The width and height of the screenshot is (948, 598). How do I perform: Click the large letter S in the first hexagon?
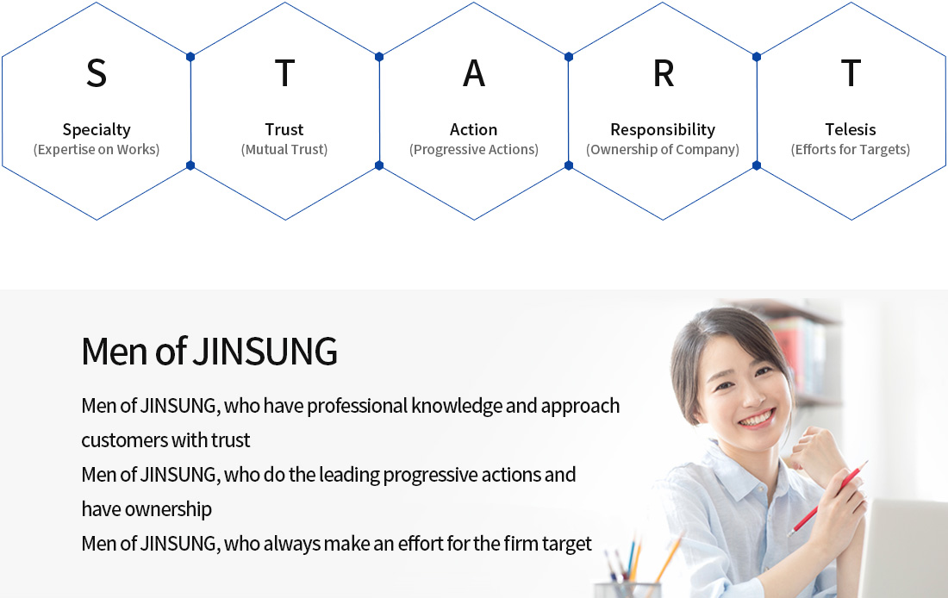(x=97, y=73)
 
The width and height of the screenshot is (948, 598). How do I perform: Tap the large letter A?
(x=474, y=73)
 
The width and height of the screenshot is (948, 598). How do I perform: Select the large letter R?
(x=664, y=73)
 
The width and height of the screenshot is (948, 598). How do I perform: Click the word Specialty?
(x=97, y=129)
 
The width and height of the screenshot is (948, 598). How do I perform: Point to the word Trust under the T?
(x=284, y=129)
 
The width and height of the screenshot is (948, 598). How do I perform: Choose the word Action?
(x=473, y=129)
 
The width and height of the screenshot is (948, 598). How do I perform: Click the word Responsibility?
(x=663, y=129)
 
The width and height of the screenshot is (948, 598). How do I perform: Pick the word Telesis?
(x=851, y=129)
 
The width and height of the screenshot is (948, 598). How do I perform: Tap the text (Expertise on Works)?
(x=97, y=149)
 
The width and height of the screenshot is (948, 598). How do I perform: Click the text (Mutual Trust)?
(x=284, y=149)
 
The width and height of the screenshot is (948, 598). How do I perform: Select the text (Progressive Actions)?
(x=474, y=149)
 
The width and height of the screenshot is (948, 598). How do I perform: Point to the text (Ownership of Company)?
(x=663, y=149)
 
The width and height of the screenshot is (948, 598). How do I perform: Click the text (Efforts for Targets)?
(x=851, y=149)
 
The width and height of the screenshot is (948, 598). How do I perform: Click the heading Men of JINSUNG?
(x=209, y=352)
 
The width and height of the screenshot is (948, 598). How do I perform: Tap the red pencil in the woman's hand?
(x=827, y=499)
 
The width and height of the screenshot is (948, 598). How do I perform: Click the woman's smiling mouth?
(x=757, y=419)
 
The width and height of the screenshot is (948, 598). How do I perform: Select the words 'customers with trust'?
(x=165, y=440)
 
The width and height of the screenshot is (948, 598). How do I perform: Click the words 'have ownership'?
(x=147, y=509)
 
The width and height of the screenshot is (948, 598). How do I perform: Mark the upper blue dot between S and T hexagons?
(x=190, y=57)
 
